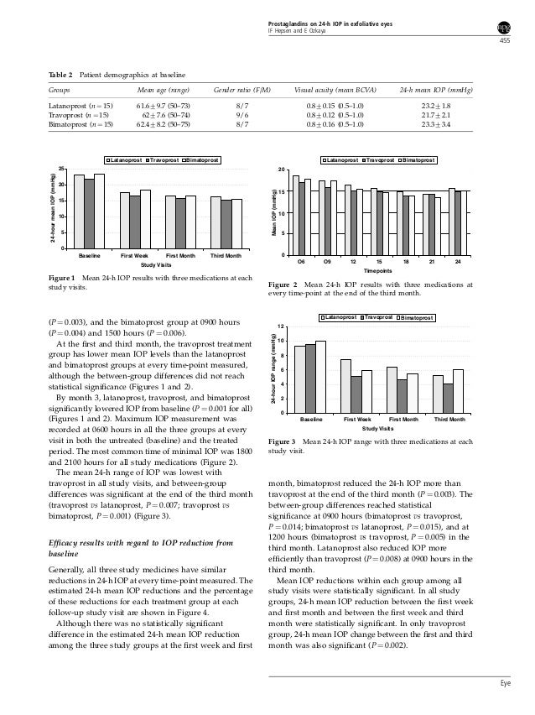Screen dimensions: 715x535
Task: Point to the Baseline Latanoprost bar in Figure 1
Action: point(79,211)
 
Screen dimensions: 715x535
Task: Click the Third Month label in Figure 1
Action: point(226,254)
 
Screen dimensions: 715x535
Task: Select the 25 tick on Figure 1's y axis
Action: point(64,170)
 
